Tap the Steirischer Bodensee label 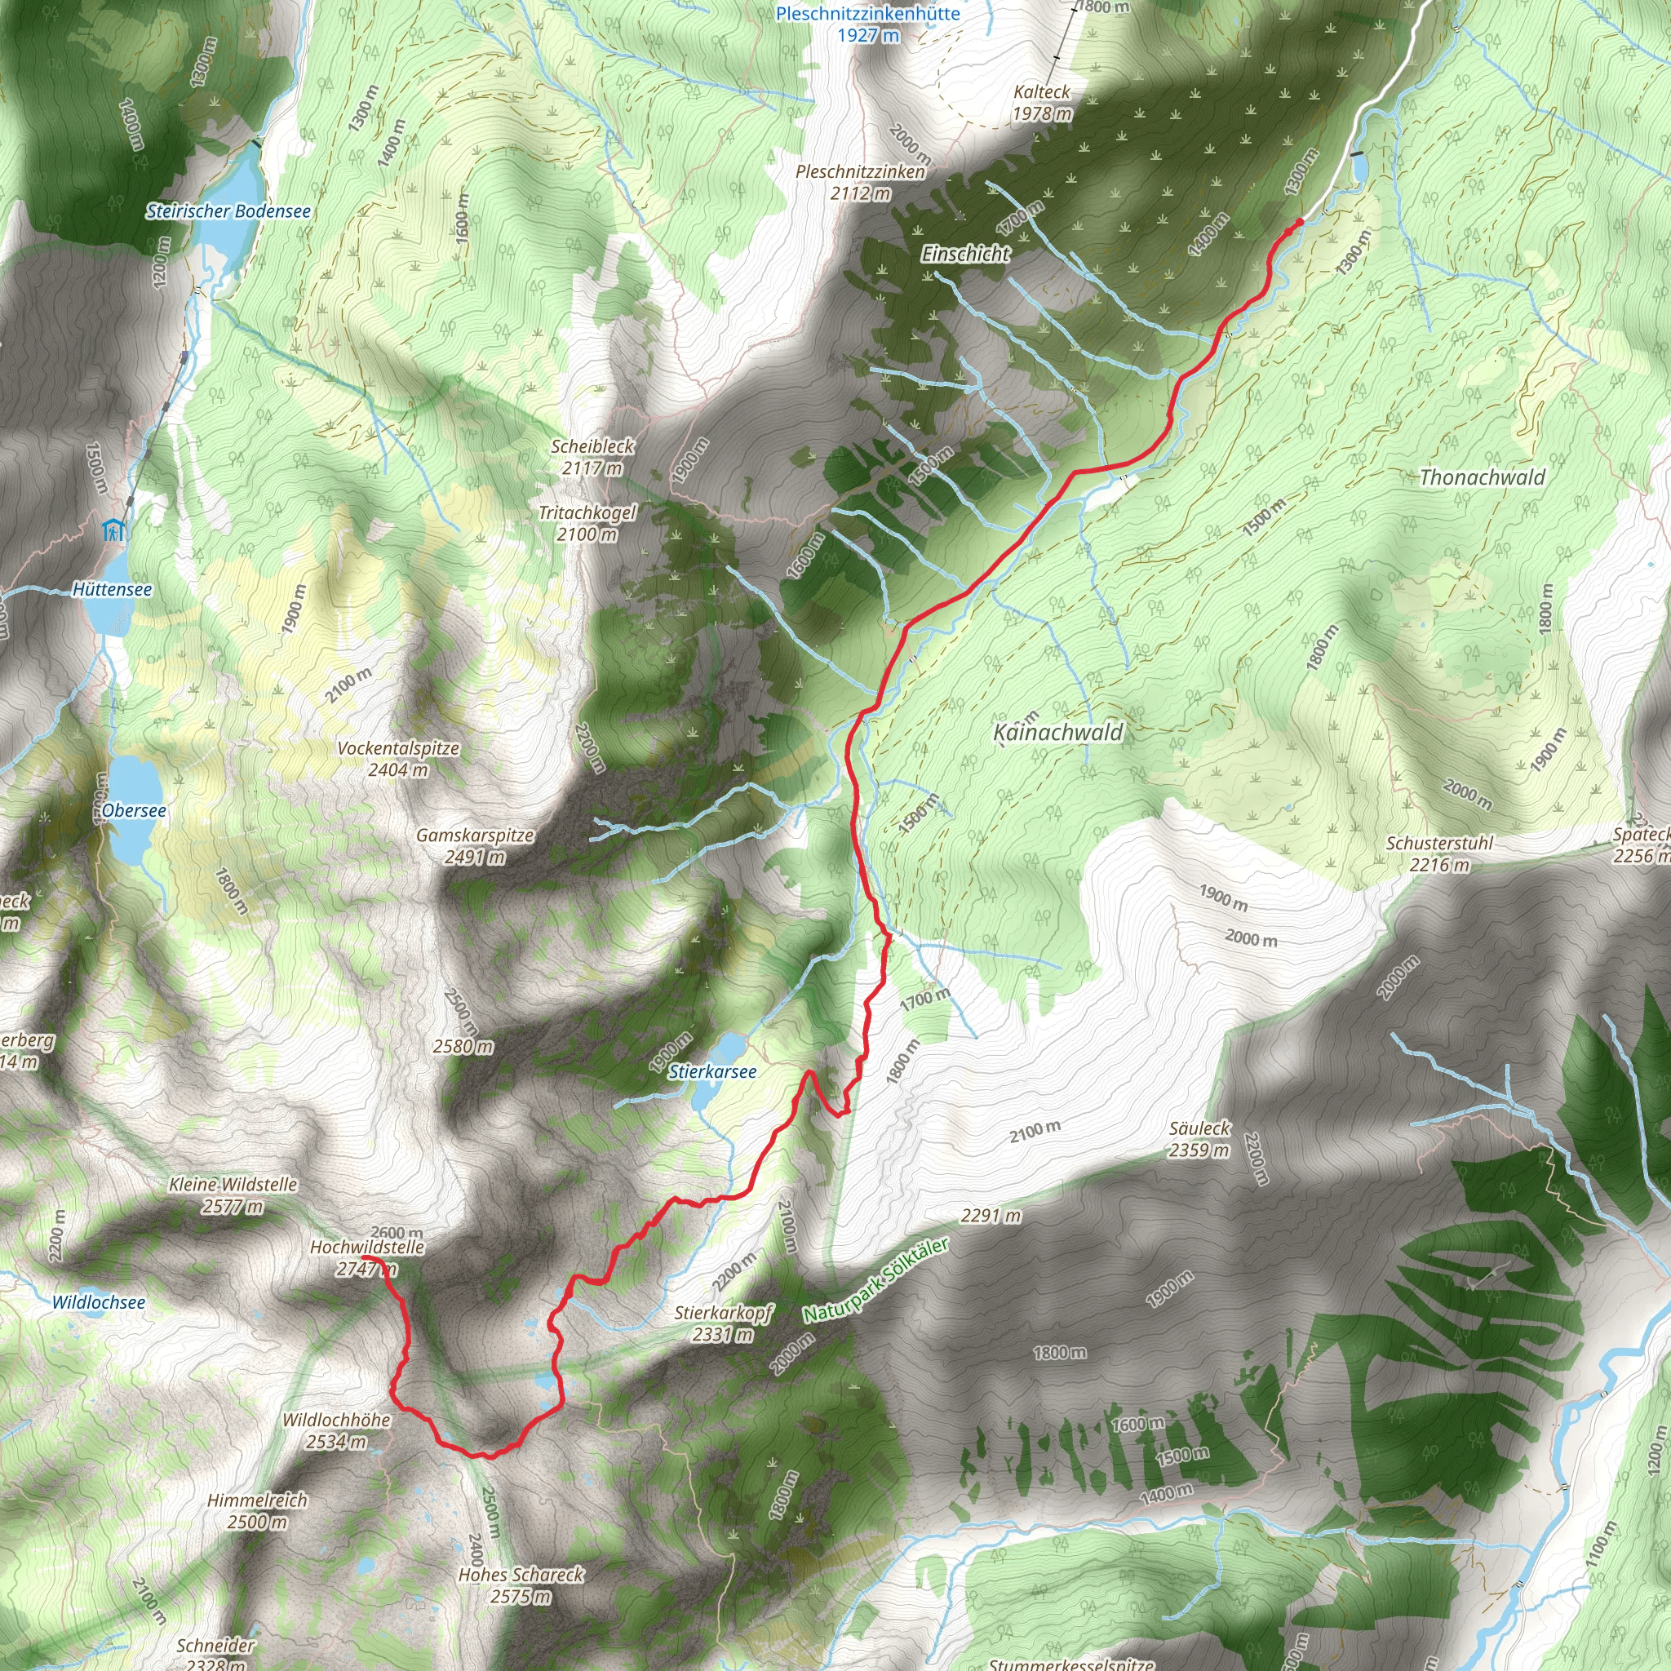pyautogui.click(x=228, y=211)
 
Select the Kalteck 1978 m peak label pyautogui.click(x=1042, y=102)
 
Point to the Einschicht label pyautogui.click(x=965, y=254)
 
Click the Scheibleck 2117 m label pyautogui.click(x=592, y=457)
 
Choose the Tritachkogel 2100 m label pyautogui.click(x=587, y=523)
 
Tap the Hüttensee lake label pyautogui.click(x=112, y=589)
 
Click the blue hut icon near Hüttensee pyautogui.click(x=113, y=530)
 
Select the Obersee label pyautogui.click(x=134, y=810)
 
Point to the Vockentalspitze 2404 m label pyautogui.click(x=398, y=759)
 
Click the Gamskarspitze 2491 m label pyautogui.click(x=475, y=846)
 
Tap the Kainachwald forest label pyautogui.click(x=1057, y=733)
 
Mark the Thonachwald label pyautogui.click(x=1482, y=477)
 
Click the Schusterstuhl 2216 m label pyautogui.click(x=1439, y=853)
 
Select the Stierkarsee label pyautogui.click(x=712, y=1071)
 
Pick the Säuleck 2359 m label pyautogui.click(x=1199, y=1139)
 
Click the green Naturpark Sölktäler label pyautogui.click(x=876, y=1281)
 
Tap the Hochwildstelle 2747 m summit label pyautogui.click(x=366, y=1257)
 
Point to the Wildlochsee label pyautogui.click(x=99, y=1302)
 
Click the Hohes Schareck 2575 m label pyautogui.click(x=521, y=1585)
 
